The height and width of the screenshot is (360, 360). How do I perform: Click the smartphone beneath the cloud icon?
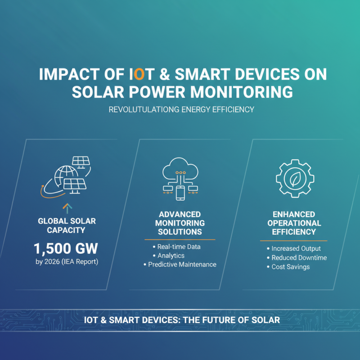[x=180, y=193]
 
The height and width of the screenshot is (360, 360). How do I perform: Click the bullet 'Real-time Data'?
[x=179, y=247]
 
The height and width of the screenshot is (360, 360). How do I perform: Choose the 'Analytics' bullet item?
[x=171, y=256]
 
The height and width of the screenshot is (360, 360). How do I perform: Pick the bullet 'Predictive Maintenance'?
[x=182, y=265]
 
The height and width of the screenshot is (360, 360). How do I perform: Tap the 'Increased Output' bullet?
[x=296, y=249]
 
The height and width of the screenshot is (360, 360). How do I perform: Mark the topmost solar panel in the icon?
[x=81, y=161]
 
